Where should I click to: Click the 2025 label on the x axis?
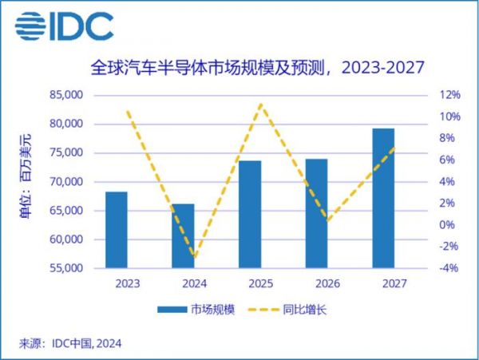[x=250, y=284]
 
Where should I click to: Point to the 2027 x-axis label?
[x=383, y=284]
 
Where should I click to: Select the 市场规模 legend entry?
[x=196, y=309]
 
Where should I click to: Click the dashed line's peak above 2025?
[x=260, y=104]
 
